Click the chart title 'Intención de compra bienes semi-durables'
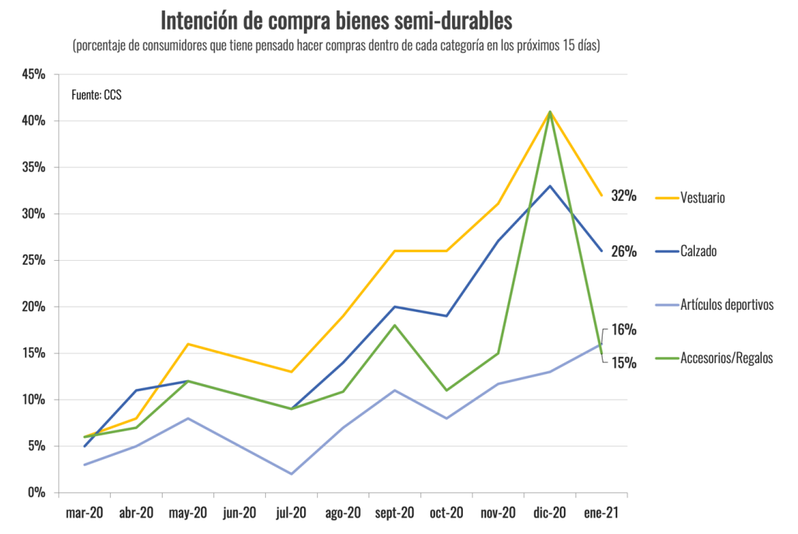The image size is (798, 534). [336, 20]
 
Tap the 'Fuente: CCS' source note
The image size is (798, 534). [96, 95]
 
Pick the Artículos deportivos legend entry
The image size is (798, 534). [727, 304]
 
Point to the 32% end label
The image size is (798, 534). [624, 196]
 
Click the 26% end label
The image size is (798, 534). [624, 251]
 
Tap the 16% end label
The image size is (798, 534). [624, 329]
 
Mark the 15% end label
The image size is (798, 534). [624, 362]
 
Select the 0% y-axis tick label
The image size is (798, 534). [36, 493]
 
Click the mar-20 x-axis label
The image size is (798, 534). [85, 513]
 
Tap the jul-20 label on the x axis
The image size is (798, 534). [292, 513]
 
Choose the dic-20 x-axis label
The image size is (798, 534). [550, 513]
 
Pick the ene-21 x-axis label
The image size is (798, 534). [601, 513]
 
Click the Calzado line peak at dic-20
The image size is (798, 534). [550, 186]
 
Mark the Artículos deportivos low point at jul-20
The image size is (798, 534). [292, 473]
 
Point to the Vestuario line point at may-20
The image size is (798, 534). [188, 344]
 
